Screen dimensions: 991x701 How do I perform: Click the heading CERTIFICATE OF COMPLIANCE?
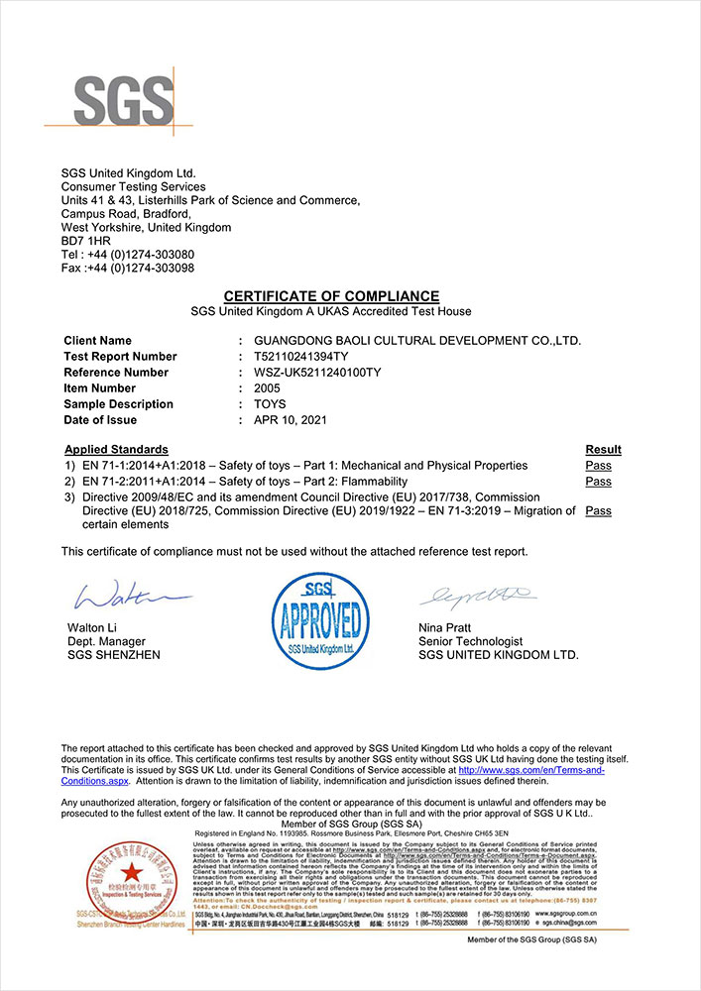click(330, 296)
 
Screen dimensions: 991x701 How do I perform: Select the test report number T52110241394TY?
click(303, 357)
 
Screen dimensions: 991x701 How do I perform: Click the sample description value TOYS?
click(271, 404)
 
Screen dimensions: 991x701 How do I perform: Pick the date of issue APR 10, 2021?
click(290, 420)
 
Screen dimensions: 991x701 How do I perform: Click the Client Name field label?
click(97, 341)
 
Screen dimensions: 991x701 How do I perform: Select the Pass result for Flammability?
click(598, 482)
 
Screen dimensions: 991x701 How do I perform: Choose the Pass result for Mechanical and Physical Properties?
click(598, 466)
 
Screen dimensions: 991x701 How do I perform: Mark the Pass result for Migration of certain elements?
click(598, 511)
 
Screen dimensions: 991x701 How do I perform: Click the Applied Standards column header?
click(116, 450)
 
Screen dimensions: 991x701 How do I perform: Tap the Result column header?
click(603, 450)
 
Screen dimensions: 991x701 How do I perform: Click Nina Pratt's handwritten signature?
click(476, 597)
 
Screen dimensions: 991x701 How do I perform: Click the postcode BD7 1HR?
click(86, 241)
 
